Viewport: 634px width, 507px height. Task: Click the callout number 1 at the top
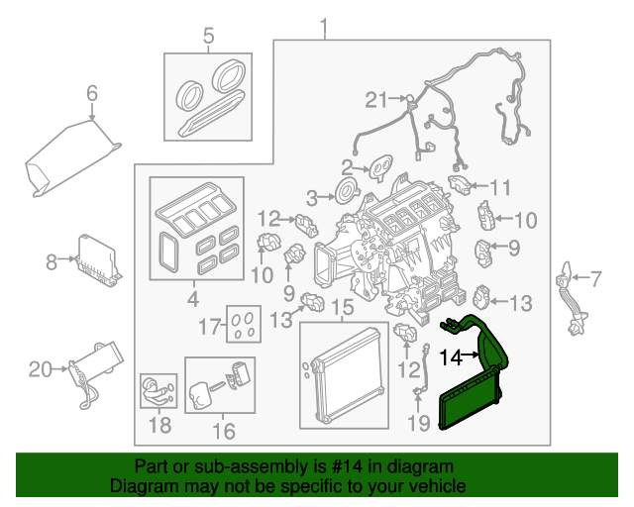pos(322,25)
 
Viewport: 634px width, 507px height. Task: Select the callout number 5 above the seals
pos(208,38)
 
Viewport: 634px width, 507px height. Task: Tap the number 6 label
pos(92,94)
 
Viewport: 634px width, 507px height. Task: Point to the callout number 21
pos(373,98)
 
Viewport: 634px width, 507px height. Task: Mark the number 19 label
pos(420,424)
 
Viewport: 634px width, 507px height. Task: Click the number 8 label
pos(52,262)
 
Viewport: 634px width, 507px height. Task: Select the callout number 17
pos(209,325)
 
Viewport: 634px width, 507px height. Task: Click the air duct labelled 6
pos(69,158)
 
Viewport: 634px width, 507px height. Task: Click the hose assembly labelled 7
pos(573,297)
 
